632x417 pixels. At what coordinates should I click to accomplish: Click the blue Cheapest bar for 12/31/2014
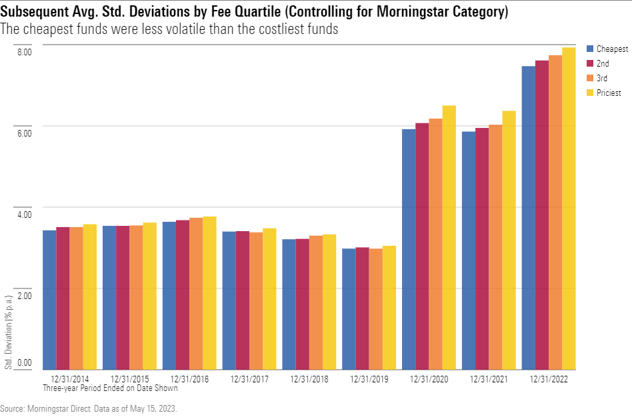(49, 300)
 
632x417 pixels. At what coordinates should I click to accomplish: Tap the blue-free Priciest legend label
(609, 93)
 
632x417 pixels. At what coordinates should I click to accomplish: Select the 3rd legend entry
(602, 79)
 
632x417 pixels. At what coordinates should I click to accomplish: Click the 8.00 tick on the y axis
(24, 52)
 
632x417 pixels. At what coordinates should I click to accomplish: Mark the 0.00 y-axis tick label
(24, 363)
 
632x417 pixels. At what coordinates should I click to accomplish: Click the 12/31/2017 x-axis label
(249, 378)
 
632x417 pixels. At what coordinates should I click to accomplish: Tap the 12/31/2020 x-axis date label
(429, 378)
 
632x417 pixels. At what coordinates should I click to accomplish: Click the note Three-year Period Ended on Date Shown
(110, 387)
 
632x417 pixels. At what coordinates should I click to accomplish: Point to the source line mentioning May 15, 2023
(89, 407)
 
